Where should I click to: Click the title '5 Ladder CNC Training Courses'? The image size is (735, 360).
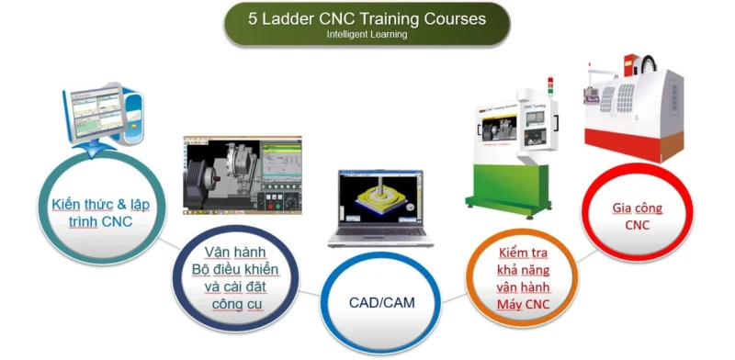pos(367,17)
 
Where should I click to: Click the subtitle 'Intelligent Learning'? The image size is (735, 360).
pos(367,35)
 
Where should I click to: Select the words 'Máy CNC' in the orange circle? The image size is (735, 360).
pos(524,304)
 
